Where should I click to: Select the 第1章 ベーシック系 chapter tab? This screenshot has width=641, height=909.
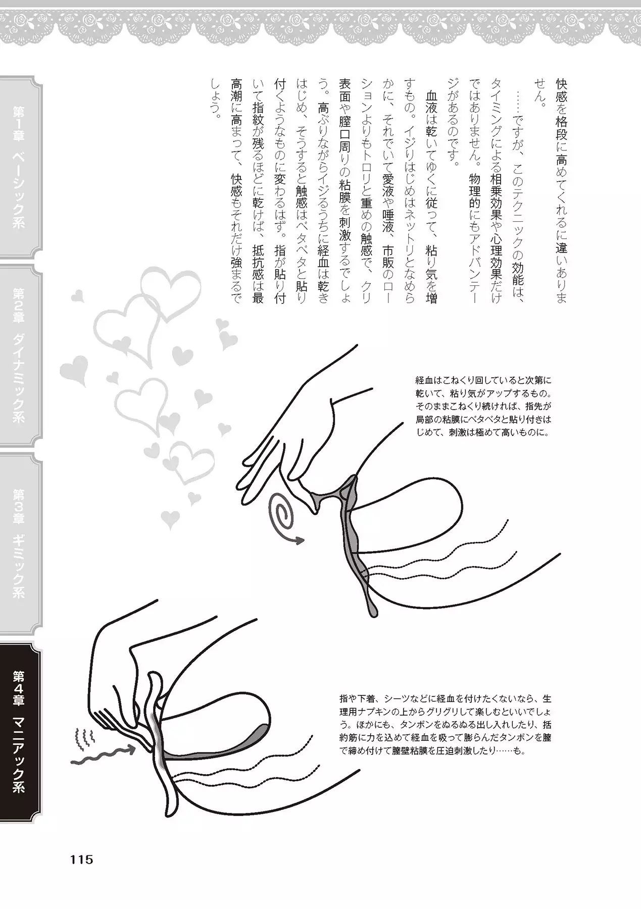19,167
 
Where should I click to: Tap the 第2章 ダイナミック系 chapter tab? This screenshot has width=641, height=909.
19,356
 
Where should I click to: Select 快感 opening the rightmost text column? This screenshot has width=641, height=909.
561,91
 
